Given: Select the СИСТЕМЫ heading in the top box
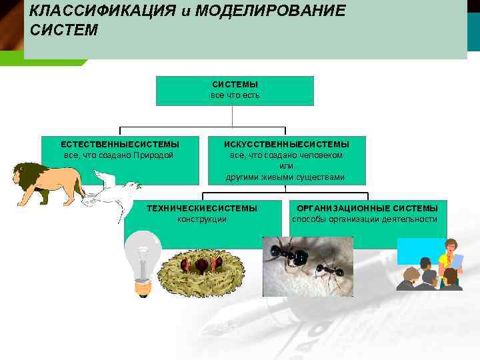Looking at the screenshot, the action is pyautogui.click(x=235, y=85).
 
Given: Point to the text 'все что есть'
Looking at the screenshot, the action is pyautogui.click(x=235, y=95).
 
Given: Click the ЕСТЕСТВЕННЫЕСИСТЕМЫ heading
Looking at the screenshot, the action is pyautogui.click(x=120, y=144).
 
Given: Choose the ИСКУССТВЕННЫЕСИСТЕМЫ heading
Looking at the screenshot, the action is pyautogui.click(x=286, y=144).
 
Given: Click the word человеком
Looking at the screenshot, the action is pyautogui.click(x=322, y=155).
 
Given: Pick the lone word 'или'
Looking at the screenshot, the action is pyautogui.click(x=286, y=165).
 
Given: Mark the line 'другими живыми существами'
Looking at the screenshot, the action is pyautogui.click(x=286, y=177).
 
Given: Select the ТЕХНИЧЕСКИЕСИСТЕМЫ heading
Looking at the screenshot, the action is pyautogui.click(x=202, y=209).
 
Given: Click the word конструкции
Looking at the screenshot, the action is pyautogui.click(x=202, y=219).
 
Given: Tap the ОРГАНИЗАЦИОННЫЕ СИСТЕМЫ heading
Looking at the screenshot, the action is pyautogui.click(x=367, y=209).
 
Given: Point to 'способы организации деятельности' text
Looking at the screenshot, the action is pyautogui.click(x=365, y=219).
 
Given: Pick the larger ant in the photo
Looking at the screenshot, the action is pyautogui.click(x=291, y=255).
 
